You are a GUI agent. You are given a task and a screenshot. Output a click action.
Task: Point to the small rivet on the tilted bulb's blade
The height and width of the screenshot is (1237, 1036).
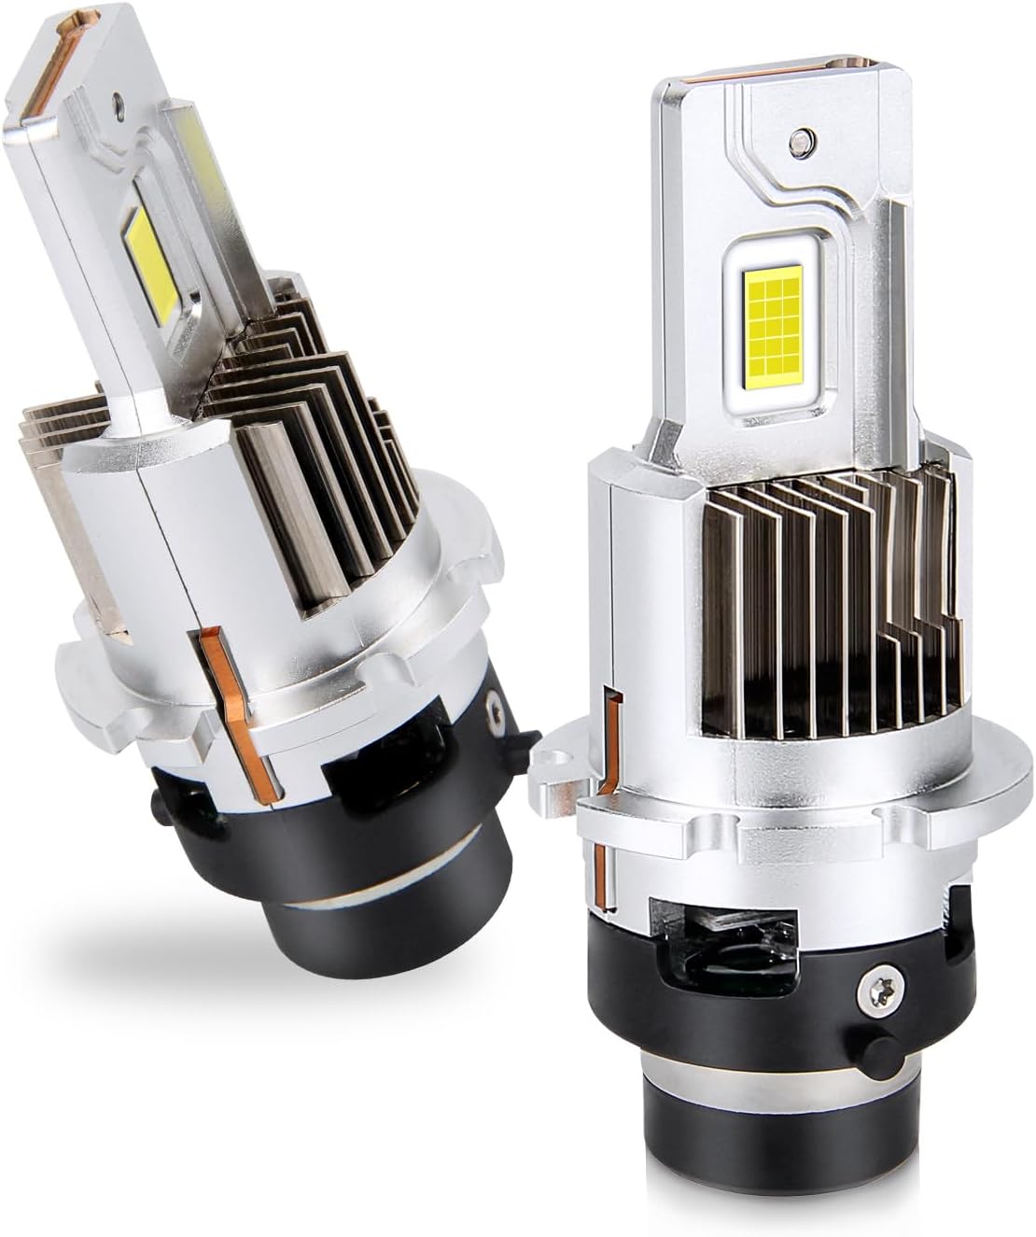(x=117, y=95)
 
